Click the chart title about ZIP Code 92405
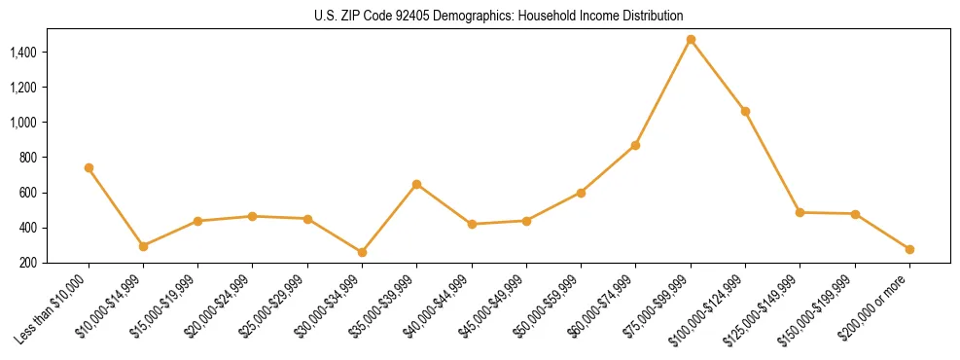pyautogui.click(x=499, y=16)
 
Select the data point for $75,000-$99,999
pyautogui.click(x=691, y=40)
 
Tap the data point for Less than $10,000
pyautogui.click(x=89, y=167)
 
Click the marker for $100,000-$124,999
pyautogui.click(x=745, y=111)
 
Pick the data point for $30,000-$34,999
pyautogui.click(x=362, y=252)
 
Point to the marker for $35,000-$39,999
pyautogui.click(x=416, y=184)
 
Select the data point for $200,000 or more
pyautogui.click(x=909, y=249)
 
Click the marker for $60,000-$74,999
pyautogui.click(x=635, y=145)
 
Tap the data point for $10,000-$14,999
pyautogui.click(x=143, y=246)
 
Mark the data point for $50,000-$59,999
pyautogui.click(x=581, y=193)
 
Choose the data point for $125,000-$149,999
pyautogui.click(x=800, y=212)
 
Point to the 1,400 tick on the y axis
pyautogui.click(x=24, y=52)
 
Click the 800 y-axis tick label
pyautogui.click(x=29, y=158)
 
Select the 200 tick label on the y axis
pyautogui.click(x=29, y=263)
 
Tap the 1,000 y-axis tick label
pyautogui.click(x=24, y=123)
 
